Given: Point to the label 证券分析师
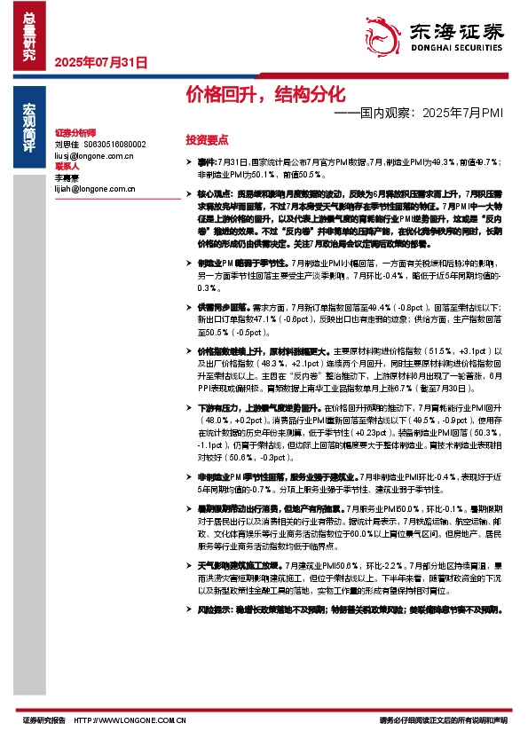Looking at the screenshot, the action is [74, 130].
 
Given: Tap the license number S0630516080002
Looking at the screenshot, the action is [114, 143].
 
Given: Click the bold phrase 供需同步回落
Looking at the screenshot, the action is [218, 303].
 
